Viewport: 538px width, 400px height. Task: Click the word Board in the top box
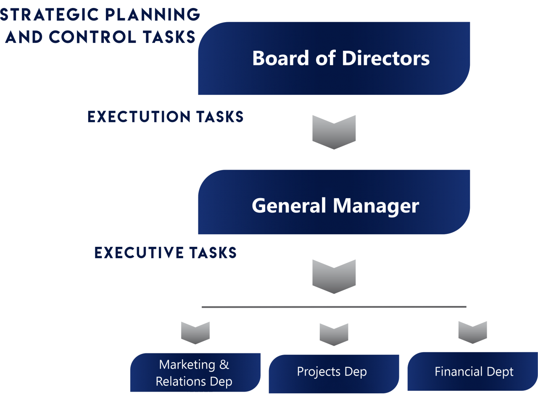(x=281, y=58)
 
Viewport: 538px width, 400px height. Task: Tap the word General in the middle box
(x=289, y=206)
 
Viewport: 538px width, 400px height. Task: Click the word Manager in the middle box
(x=376, y=206)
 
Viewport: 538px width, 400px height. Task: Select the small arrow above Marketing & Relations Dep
(x=195, y=332)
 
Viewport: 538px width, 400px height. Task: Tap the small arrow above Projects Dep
(x=334, y=334)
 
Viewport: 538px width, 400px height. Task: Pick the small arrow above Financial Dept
(x=472, y=332)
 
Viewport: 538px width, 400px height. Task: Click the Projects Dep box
(x=333, y=374)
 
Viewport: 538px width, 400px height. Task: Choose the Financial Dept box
(x=472, y=372)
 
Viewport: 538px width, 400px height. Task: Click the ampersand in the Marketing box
(x=224, y=364)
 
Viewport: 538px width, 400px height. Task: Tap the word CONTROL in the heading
(x=92, y=37)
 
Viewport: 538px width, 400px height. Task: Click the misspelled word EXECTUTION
(x=139, y=117)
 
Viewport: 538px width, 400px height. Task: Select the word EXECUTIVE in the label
(x=138, y=253)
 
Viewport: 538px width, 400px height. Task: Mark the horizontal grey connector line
(x=334, y=307)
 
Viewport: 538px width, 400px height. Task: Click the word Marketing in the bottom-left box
(x=187, y=364)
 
